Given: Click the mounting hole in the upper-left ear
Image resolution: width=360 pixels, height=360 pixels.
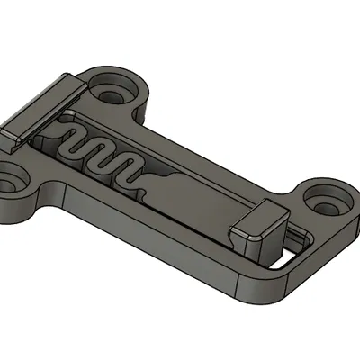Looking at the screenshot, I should pos(113,93).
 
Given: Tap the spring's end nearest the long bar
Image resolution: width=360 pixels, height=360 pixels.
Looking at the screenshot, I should pos(67,135).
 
